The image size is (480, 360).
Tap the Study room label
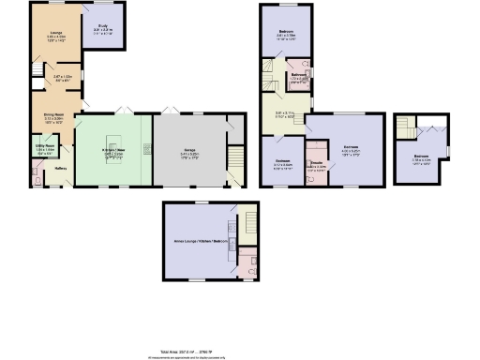tap(102, 27)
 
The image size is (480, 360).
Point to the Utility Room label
tap(44, 146)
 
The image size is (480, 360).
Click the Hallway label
tap(60, 168)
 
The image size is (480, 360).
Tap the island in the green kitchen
tap(147, 149)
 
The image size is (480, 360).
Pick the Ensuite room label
tap(317, 163)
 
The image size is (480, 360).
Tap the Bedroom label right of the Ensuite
tap(350, 147)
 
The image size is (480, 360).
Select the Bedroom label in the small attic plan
tap(422, 157)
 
